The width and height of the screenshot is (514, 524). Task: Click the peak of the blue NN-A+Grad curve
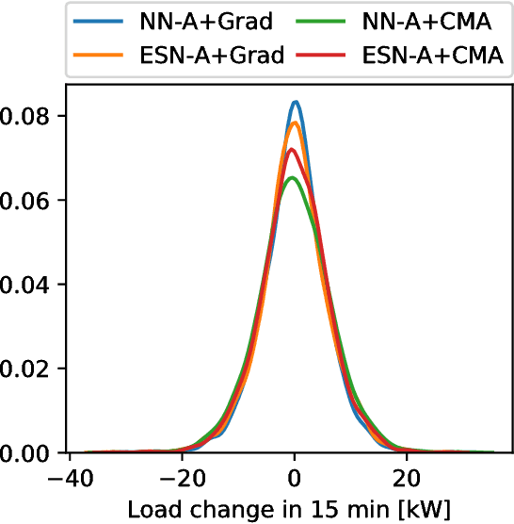point(296,102)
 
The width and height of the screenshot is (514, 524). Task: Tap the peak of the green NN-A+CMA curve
point(293,178)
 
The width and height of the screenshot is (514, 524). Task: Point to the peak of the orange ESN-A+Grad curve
point(295,123)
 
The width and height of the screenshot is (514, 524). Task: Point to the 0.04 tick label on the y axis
point(20,285)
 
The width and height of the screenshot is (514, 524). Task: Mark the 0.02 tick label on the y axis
point(20,368)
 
